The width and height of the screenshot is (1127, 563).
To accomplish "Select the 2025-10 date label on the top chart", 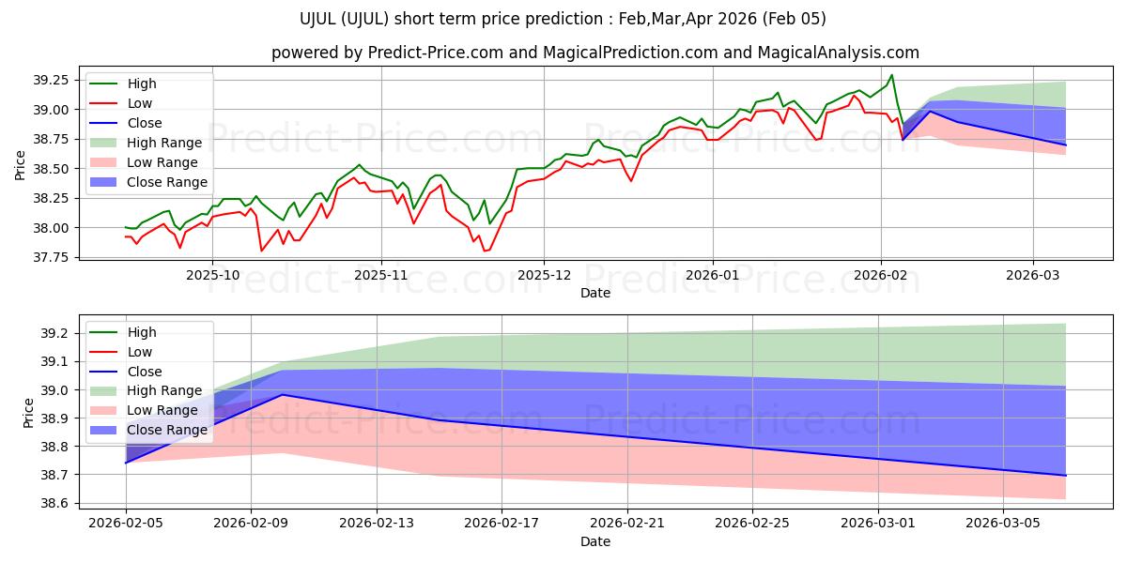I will click(x=211, y=276).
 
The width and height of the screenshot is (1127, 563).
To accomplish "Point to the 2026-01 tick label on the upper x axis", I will click(x=712, y=276).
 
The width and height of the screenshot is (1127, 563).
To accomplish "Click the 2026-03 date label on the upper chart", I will click(x=1033, y=276).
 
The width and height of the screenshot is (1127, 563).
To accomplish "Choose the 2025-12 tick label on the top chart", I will click(x=544, y=276).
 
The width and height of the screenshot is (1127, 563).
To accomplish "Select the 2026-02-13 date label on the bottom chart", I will click(x=376, y=524).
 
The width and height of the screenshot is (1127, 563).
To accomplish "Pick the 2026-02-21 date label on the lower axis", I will click(x=626, y=524).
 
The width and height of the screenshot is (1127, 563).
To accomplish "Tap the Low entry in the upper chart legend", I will click(x=140, y=103).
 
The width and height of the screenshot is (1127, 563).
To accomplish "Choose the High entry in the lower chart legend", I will click(x=142, y=332).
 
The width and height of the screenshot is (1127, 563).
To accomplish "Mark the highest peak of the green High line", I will click(x=891, y=75).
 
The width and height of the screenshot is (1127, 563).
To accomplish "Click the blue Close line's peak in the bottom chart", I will click(x=283, y=394).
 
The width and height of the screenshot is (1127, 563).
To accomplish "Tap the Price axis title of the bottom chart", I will click(x=28, y=411).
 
